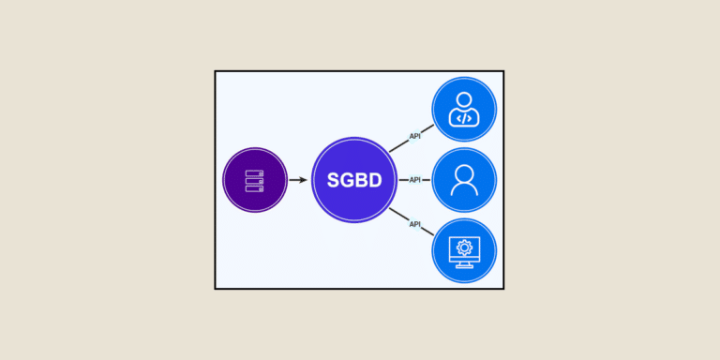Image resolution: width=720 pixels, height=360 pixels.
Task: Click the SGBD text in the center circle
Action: [x=354, y=180]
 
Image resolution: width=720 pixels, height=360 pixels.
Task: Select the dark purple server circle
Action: [x=255, y=180]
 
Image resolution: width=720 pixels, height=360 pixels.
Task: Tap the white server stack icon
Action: [x=255, y=180]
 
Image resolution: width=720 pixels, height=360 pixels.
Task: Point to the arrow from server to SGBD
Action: [x=297, y=180]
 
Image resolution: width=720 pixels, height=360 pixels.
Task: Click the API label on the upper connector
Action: [x=414, y=136]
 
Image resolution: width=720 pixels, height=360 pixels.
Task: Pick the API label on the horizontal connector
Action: [x=414, y=179]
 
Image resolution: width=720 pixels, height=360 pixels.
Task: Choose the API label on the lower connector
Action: [x=414, y=223]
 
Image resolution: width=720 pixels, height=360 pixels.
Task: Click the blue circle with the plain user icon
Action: [x=464, y=179]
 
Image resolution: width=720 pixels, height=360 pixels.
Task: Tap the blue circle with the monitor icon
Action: [x=464, y=250]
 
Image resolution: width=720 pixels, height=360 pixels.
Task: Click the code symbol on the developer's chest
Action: [x=464, y=118]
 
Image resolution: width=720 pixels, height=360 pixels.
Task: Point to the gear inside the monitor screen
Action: [x=464, y=247]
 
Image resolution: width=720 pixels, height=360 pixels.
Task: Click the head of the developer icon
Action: [x=464, y=98]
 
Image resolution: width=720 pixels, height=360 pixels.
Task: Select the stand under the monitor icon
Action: [x=464, y=264]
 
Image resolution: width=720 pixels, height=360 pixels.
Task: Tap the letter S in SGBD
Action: [x=333, y=180]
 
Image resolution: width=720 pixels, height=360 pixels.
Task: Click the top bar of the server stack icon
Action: [x=255, y=172]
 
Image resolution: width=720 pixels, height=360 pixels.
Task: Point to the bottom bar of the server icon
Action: [x=255, y=187]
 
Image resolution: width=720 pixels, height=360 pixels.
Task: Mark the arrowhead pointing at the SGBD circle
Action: [x=304, y=180]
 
